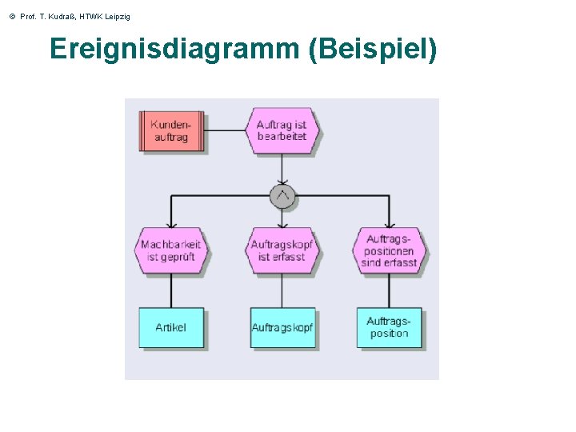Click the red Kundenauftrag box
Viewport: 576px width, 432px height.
click(x=171, y=131)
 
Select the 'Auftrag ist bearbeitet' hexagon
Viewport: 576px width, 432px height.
click(x=282, y=130)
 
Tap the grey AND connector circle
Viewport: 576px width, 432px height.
click(x=282, y=196)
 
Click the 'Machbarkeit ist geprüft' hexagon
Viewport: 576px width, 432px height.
click(x=170, y=250)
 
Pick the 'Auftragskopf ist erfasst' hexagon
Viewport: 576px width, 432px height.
click(x=282, y=250)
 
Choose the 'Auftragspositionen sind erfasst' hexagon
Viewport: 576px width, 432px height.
click(x=390, y=250)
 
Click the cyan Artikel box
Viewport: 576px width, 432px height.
click(x=171, y=328)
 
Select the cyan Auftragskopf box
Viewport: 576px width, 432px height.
click(x=282, y=328)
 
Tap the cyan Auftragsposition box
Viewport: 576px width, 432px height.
click(x=390, y=328)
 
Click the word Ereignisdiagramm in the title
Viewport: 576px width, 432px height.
click(x=173, y=50)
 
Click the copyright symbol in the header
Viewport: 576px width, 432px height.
click(x=12, y=17)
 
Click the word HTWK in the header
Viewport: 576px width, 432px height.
click(x=88, y=17)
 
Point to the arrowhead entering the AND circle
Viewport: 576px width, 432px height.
click(x=282, y=180)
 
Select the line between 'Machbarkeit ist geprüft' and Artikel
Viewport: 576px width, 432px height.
click(x=170, y=290)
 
